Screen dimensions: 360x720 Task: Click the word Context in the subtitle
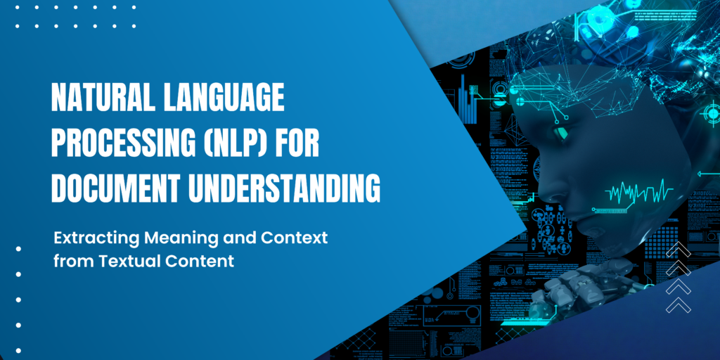tap(300, 238)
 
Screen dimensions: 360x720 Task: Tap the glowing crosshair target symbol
tap(712, 113)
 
